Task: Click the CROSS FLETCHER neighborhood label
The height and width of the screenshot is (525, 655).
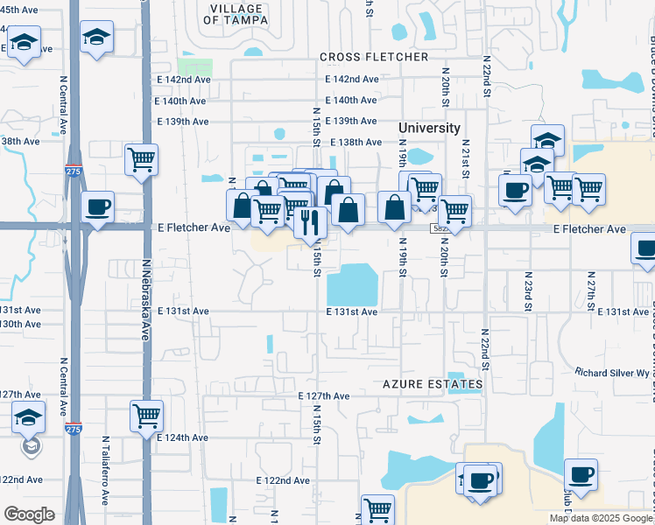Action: (374, 57)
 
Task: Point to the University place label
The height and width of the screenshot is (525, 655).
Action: (429, 128)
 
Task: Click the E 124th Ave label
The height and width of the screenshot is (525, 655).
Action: (182, 437)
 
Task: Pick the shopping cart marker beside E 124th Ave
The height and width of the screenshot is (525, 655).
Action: (146, 415)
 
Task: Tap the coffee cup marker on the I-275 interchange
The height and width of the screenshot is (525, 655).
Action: (97, 207)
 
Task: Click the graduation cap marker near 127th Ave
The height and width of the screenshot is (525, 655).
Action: (29, 420)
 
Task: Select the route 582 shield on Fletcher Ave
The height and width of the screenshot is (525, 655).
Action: (440, 228)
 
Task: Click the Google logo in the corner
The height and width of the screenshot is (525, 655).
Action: (30, 514)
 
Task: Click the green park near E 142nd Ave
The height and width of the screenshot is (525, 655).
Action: (194, 66)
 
